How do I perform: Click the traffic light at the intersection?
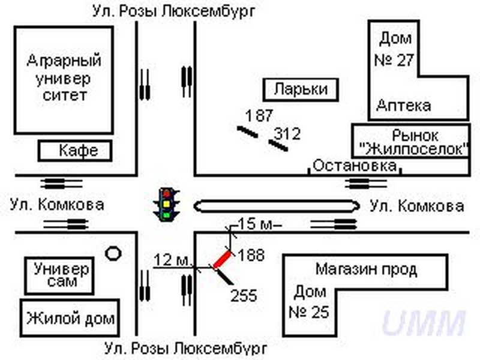tap(169, 205)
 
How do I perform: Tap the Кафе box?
tap(76, 151)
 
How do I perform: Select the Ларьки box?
tap(301, 90)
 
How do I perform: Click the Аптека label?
tap(403, 106)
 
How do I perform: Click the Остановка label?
tap(355, 166)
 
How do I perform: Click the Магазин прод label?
tap(366, 269)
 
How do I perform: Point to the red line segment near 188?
tap(221, 259)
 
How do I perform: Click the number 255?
tap(244, 295)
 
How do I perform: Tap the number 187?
tap(259, 115)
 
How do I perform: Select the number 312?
tap(287, 134)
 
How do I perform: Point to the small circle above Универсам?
tap(113, 253)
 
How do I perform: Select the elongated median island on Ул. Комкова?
tap(277, 206)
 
